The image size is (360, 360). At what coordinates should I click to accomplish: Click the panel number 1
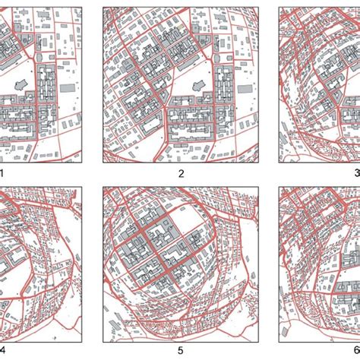tap(2, 172)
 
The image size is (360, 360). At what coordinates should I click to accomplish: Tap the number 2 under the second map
tap(181, 173)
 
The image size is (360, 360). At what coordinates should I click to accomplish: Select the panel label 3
tap(356, 173)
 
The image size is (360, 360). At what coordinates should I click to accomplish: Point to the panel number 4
tap(2, 350)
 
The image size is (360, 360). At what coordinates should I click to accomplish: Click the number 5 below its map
tap(181, 351)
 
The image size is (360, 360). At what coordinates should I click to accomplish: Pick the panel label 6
tap(356, 350)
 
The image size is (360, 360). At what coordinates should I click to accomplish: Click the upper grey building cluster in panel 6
tap(319, 228)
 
